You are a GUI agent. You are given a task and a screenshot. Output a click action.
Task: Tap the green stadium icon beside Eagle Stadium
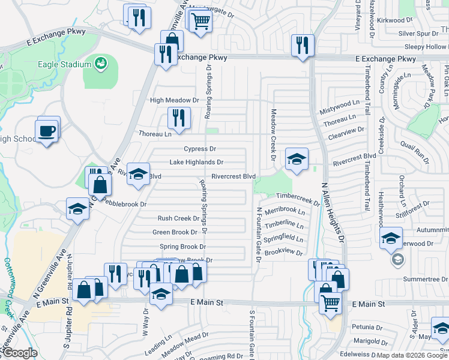101,62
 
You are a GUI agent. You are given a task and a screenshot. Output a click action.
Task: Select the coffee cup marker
47,130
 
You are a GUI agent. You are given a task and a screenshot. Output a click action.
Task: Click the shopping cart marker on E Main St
330,304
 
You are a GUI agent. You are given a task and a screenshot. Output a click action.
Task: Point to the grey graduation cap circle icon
396,260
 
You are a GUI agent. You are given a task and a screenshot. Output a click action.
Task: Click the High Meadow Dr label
174,100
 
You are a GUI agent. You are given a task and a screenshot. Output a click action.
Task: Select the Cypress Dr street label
200,149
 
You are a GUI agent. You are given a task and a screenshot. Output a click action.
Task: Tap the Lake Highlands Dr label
196,162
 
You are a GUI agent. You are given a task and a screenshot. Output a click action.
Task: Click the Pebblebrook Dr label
124,204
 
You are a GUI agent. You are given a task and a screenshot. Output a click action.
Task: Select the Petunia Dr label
367,328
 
